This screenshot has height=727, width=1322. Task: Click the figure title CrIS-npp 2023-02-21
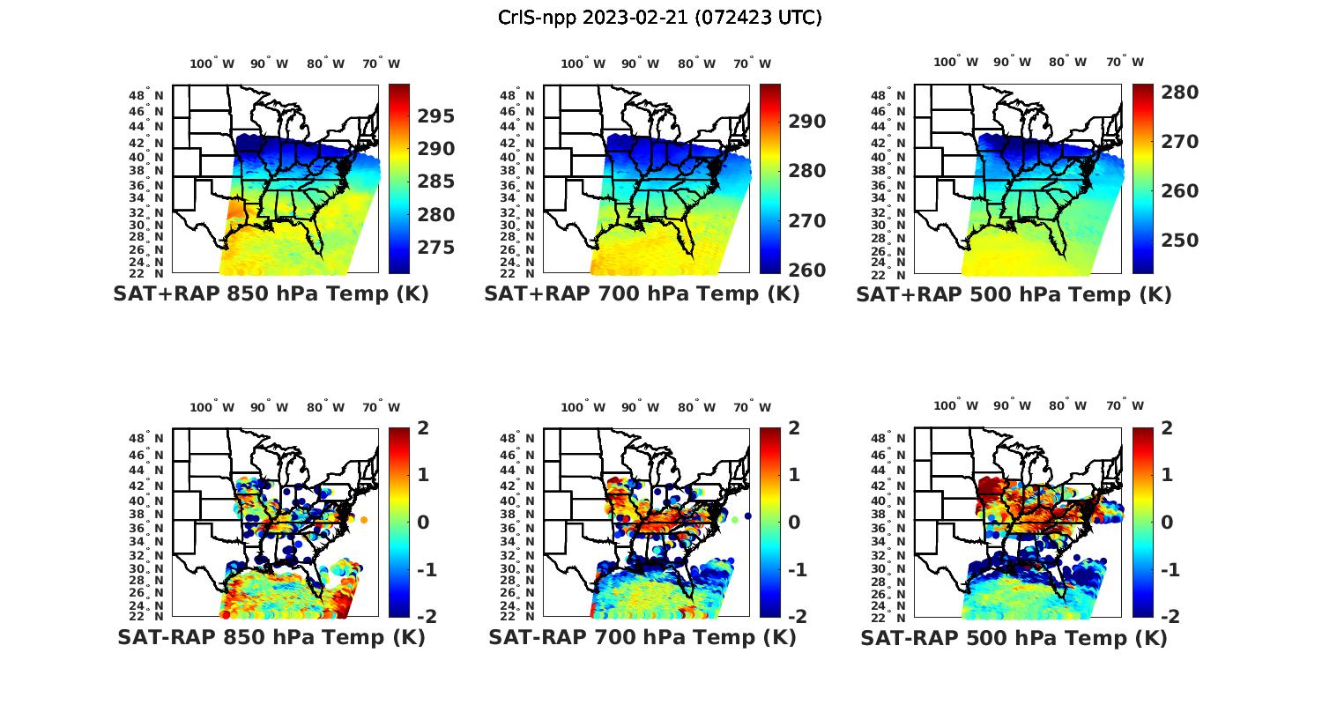[x=660, y=18]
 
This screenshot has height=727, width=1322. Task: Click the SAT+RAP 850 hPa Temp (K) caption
[x=271, y=293]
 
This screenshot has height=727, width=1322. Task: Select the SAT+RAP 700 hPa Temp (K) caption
[x=642, y=293]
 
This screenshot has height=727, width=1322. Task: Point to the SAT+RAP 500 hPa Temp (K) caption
[x=1014, y=294]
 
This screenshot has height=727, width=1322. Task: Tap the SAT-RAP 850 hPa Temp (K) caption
[x=271, y=637]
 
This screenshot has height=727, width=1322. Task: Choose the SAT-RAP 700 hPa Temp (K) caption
[x=642, y=637]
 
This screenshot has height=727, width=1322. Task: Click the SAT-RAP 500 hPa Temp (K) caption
[x=1014, y=638]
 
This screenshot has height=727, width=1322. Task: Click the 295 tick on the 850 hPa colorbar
[x=435, y=116]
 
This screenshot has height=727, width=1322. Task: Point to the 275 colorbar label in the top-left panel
[x=435, y=248]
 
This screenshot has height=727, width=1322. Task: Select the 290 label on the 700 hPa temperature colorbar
[x=806, y=122]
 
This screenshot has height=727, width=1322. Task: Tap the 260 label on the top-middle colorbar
[x=806, y=270]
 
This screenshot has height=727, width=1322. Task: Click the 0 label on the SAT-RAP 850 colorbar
[x=424, y=522]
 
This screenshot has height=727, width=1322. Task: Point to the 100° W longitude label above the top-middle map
[x=583, y=63]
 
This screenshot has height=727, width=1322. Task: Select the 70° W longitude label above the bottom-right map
[x=1125, y=406]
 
